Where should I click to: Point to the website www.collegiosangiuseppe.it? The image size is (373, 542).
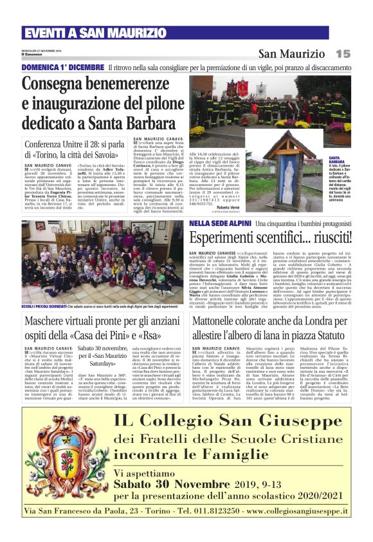292,510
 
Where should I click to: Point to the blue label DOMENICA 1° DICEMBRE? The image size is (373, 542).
62,67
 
